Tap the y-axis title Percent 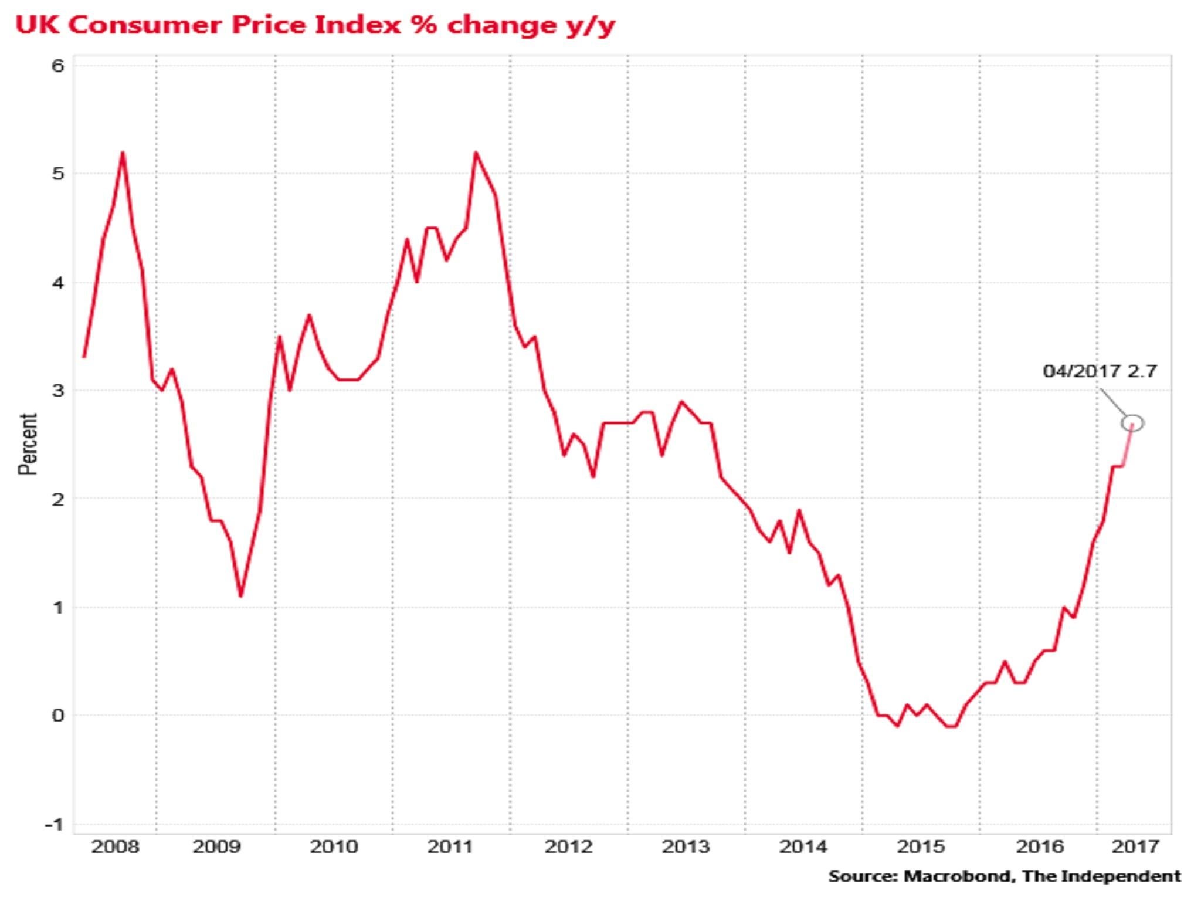point(27,444)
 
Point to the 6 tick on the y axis point(57,66)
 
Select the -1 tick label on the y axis point(54,824)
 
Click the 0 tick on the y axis point(57,715)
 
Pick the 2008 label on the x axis point(115,847)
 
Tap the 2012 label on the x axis point(568,847)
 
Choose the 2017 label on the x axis point(1135,847)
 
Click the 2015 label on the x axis point(921,847)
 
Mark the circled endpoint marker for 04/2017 point(1132,423)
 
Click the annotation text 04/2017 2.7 point(1100,371)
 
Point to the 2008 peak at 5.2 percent point(123,153)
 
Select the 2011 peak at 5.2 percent point(476,153)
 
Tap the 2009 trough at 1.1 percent point(240,597)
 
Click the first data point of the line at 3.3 point(84,357)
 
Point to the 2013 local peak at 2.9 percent point(681,402)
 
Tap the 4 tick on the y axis point(57,283)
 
